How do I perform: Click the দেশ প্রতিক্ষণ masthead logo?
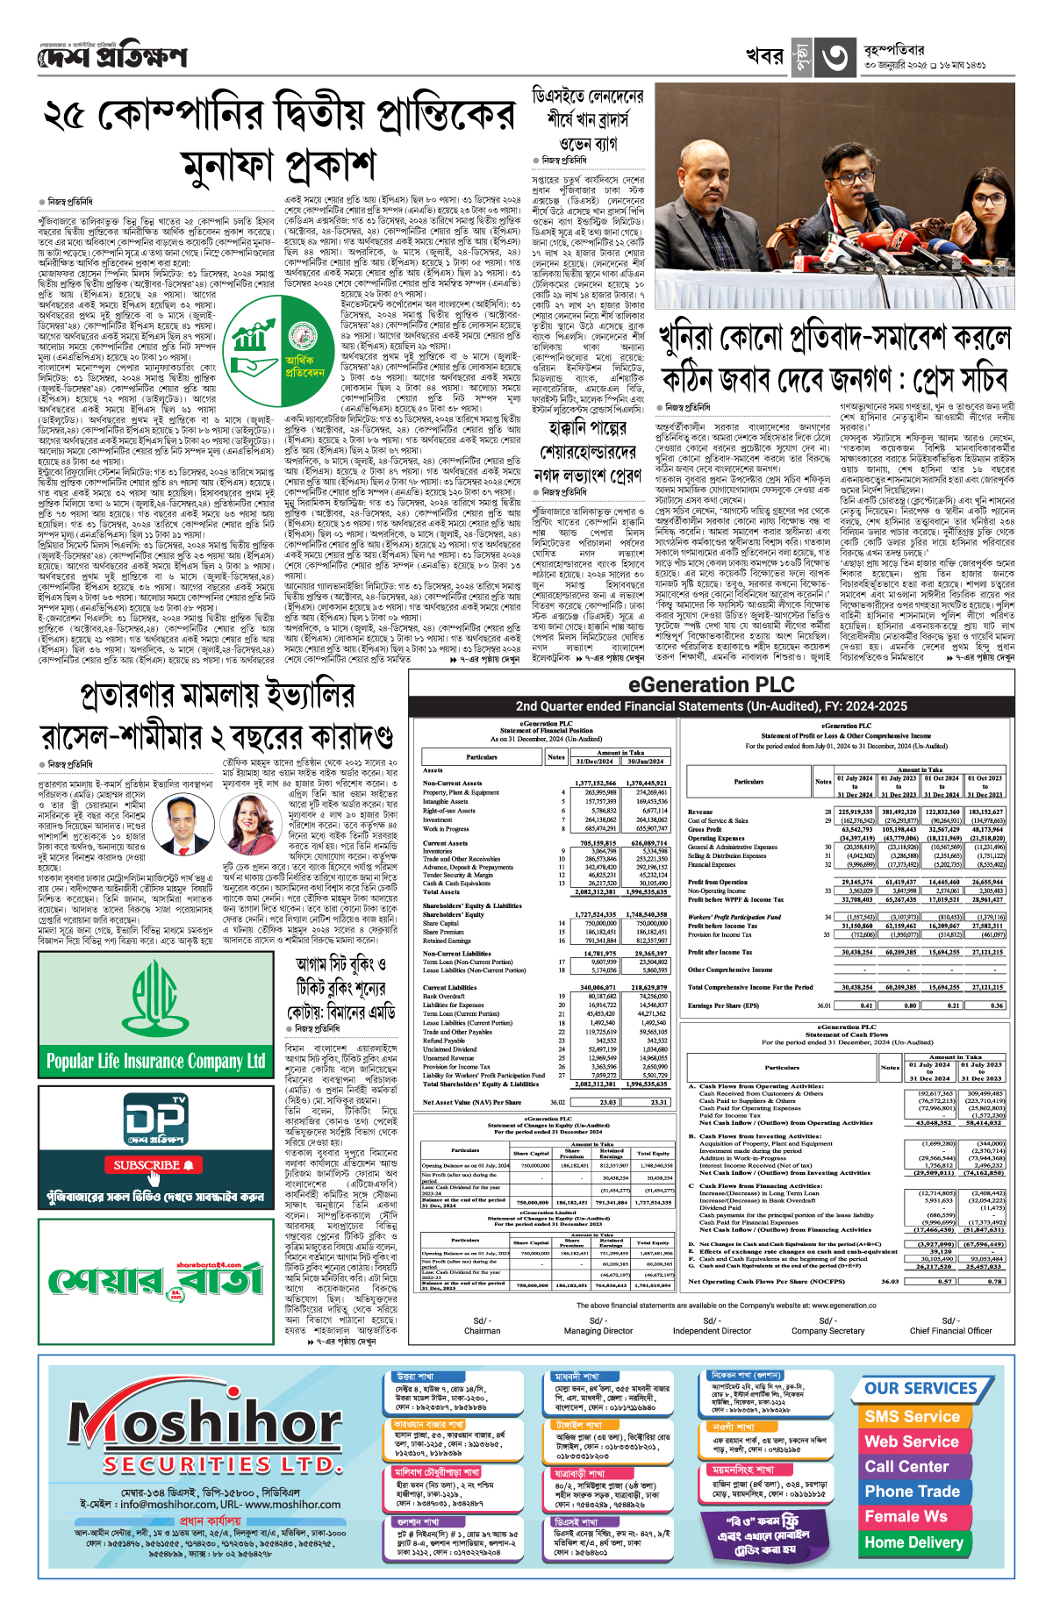pos(112,56)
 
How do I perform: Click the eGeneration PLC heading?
pos(711,685)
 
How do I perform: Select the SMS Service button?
pos(912,1416)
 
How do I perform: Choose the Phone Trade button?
pos(912,1491)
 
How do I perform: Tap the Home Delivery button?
pos(913,1542)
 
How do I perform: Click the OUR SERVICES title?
pos(920,1388)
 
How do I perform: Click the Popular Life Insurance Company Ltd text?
pos(155,1061)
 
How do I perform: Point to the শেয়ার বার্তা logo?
pos(155,1280)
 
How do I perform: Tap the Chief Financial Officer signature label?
pos(950,1330)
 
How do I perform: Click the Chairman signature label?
pos(482,1330)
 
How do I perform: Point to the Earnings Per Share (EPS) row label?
pos(723,1005)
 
